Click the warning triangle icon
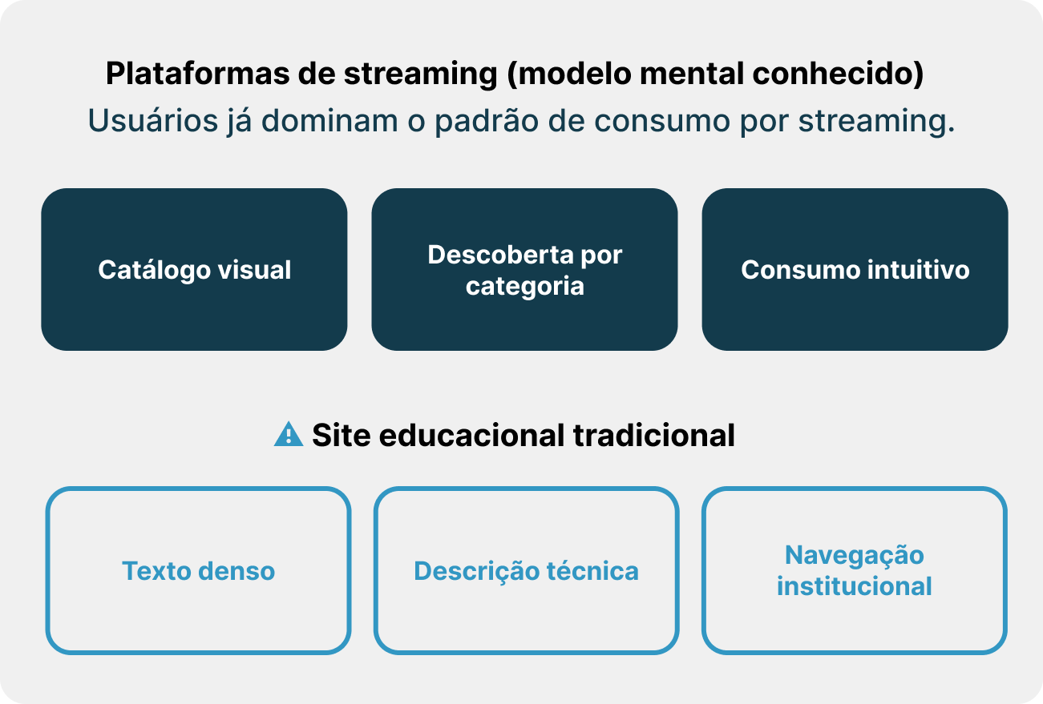[x=288, y=435]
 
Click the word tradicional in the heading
[x=653, y=436]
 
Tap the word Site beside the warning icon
[x=341, y=436]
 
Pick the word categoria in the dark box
[x=524, y=286]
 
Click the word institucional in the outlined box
[x=854, y=586]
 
